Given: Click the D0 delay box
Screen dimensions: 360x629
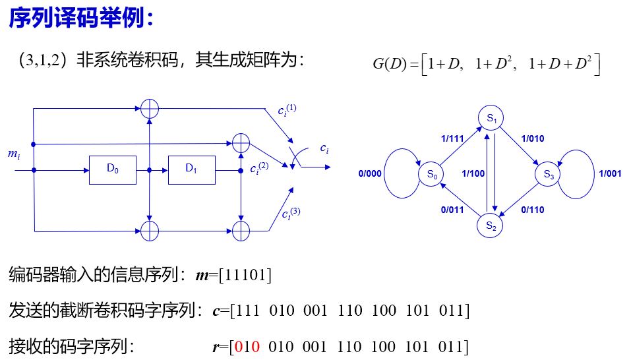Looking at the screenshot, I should coord(112,169).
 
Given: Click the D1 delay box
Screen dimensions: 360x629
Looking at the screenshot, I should coord(191,169).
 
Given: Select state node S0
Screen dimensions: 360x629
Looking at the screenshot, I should coord(431,174).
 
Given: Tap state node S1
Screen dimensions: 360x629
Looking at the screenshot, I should coord(491,118).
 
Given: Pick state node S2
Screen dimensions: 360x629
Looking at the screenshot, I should coord(491,225).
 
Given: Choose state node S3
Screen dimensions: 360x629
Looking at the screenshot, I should coord(549,174).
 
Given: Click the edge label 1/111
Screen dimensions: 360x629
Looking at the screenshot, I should coord(452,139).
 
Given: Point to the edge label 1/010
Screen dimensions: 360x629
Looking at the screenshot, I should coord(532,139).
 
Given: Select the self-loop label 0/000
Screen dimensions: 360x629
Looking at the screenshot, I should coord(370,174).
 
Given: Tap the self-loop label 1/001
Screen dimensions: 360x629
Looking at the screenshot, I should coord(610,174).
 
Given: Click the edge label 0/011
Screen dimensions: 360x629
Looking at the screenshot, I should coord(452,210).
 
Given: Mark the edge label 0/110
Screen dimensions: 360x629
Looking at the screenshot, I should coord(532,210).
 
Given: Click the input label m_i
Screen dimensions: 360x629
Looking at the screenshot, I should coord(14,155).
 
